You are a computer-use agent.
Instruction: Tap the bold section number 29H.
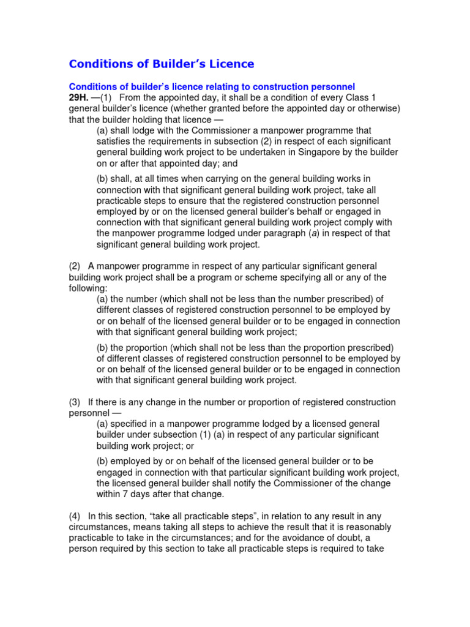(x=80, y=98)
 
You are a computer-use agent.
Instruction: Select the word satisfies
(x=116, y=141)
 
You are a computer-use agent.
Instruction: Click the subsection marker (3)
(x=75, y=402)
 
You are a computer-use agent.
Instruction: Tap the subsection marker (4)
(x=75, y=516)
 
